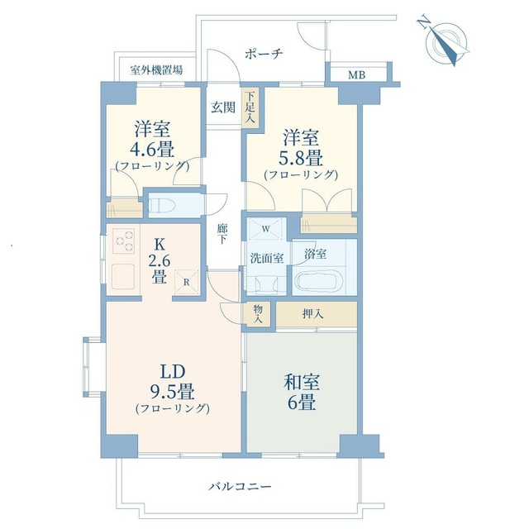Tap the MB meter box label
(x=355, y=75)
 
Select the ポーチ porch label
(x=264, y=53)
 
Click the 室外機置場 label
(x=157, y=71)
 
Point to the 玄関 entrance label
(x=221, y=107)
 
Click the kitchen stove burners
(x=125, y=242)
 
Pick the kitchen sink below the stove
(x=125, y=274)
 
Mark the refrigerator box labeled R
(x=188, y=280)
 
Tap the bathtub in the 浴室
(x=317, y=281)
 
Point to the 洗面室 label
(x=266, y=258)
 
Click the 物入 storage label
(x=259, y=312)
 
